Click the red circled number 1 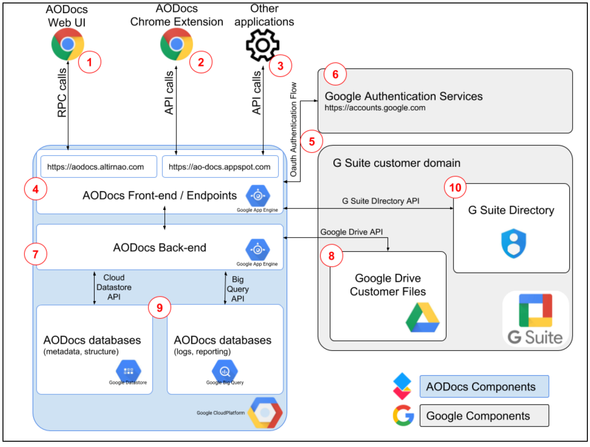pos(89,62)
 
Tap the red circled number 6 pos(335,74)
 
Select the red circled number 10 pos(455,188)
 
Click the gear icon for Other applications pos(262,45)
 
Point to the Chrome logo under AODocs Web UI pos(68,44)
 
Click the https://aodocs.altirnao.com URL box pos(98,167)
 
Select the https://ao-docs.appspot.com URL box pos(220,167)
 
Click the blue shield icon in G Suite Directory pos(513,243)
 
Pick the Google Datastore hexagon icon pos(128,371)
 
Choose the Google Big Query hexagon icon pos(225,371)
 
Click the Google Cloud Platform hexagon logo pos(265,413)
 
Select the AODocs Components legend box pos(484,387)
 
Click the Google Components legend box pos(484,416)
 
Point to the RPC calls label pos(62,93)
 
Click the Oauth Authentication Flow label pos(293,129)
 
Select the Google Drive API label pos(351,232)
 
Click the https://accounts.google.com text pos(375,108)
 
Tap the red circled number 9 pos(160,308)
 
